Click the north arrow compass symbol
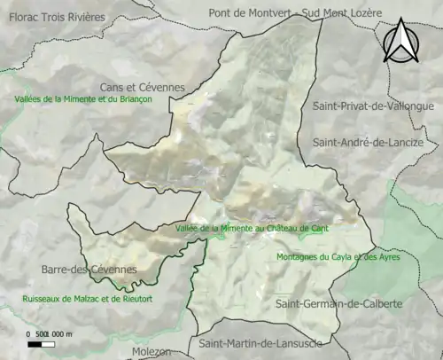tap(401, 42)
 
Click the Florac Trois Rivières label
tap(53, 18)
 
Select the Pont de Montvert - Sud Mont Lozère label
tap(294, 13)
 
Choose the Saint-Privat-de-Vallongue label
tap(373, 106)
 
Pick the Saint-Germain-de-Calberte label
tap(338, 304)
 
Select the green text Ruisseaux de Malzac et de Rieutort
tap(88, 299)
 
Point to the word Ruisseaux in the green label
tap(43, 299)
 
